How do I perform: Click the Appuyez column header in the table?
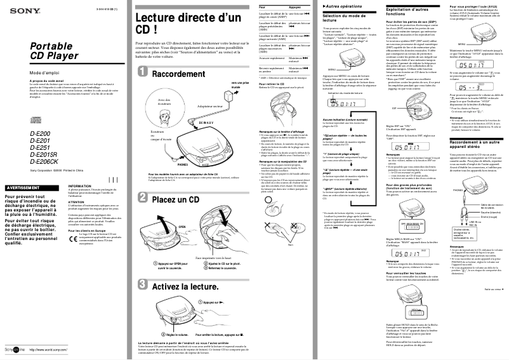tap(294, 7)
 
